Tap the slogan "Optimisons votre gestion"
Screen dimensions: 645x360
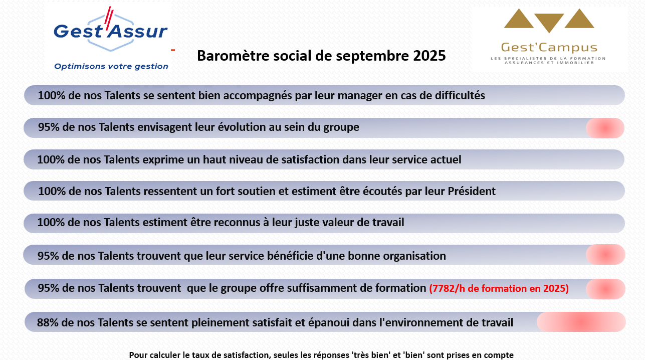111,67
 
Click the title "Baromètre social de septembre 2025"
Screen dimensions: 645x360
321,56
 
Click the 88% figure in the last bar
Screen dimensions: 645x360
48,322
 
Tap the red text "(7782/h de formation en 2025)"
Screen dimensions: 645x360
499,288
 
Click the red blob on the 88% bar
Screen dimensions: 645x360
581,322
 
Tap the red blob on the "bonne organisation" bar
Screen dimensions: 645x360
605,255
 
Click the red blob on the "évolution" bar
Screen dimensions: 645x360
605,128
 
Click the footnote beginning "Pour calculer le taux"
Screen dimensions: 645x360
321,355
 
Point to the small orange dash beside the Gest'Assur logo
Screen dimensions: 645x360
173,50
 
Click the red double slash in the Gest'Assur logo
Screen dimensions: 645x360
109,19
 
